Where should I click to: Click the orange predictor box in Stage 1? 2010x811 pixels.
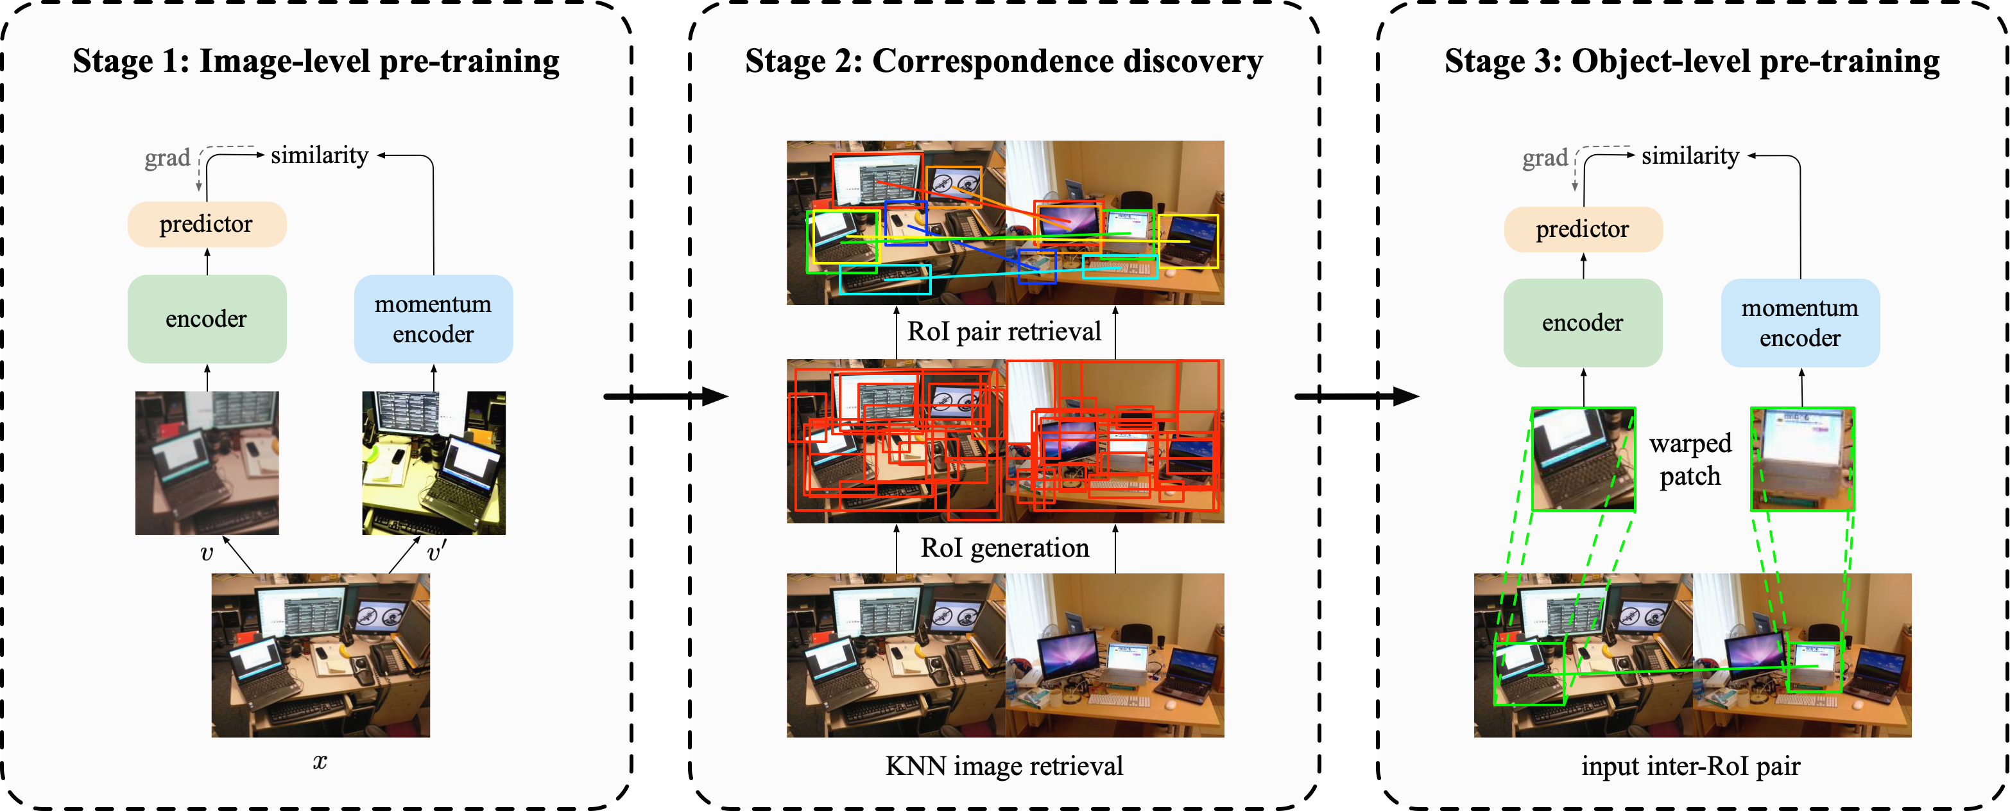tap(207, 225)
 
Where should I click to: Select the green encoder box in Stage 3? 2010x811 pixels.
tap(1583, 322)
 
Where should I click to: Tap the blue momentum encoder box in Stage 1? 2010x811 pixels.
tap(433, 318)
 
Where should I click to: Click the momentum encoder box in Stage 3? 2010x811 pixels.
tap(1800, 322)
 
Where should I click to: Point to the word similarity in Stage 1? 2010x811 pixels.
tap(319, 155)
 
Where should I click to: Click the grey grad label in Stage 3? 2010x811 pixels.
tap(1544, 159)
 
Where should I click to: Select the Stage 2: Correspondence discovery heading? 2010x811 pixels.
tap(1004, 61)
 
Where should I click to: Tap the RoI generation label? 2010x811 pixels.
tap(1004, 548)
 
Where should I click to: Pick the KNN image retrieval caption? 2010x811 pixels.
tap(1004, 765)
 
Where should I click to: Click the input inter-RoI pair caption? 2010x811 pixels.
tap(1690, 765)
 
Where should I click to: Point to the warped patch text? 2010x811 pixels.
tap(1690, 459)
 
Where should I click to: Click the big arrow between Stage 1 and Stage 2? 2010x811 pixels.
tap(665, 397)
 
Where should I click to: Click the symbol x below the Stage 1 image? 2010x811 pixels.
tap(320, 762)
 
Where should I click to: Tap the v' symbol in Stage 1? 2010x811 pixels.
tap(436, 553)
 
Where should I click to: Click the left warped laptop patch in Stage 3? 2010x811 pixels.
tap(1583, 459)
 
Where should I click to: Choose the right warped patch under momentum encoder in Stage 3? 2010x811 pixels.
tap(1801, 459)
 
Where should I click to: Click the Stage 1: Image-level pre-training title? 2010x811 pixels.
tap(316, 61)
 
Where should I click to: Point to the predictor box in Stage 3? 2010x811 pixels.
tap(1583, 229)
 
